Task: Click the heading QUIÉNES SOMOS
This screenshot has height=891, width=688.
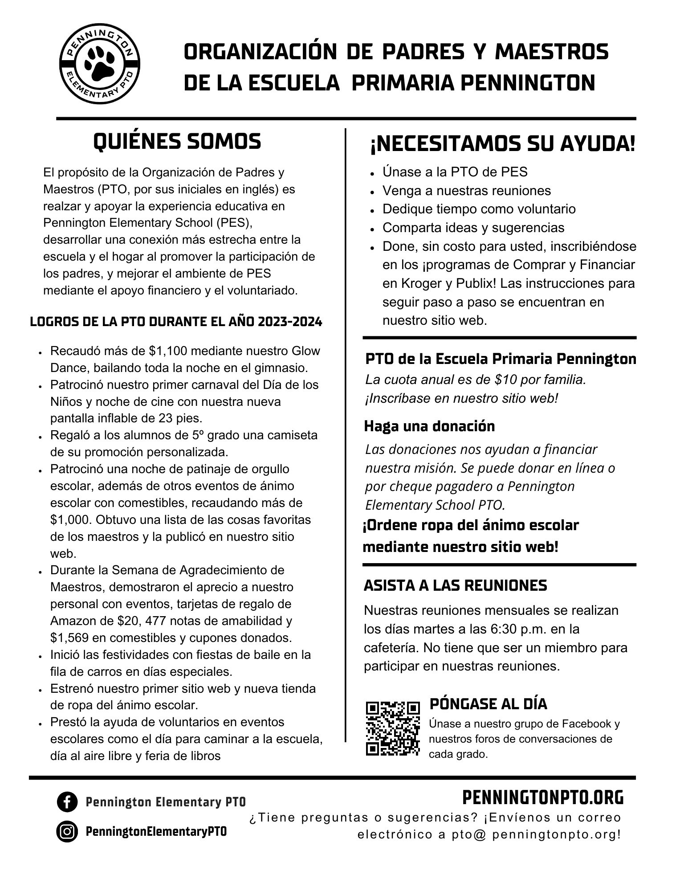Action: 177,142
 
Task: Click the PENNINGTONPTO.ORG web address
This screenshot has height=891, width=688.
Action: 543,798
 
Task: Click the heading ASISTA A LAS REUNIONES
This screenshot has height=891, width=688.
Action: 455,585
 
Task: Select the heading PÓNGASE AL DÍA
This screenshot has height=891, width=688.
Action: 488,704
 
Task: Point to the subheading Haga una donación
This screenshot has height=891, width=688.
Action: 429,426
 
